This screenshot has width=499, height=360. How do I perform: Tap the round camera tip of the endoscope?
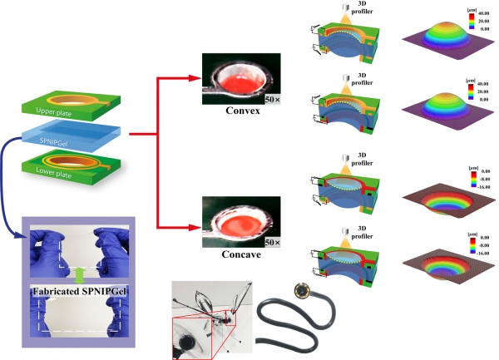point(300,293)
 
